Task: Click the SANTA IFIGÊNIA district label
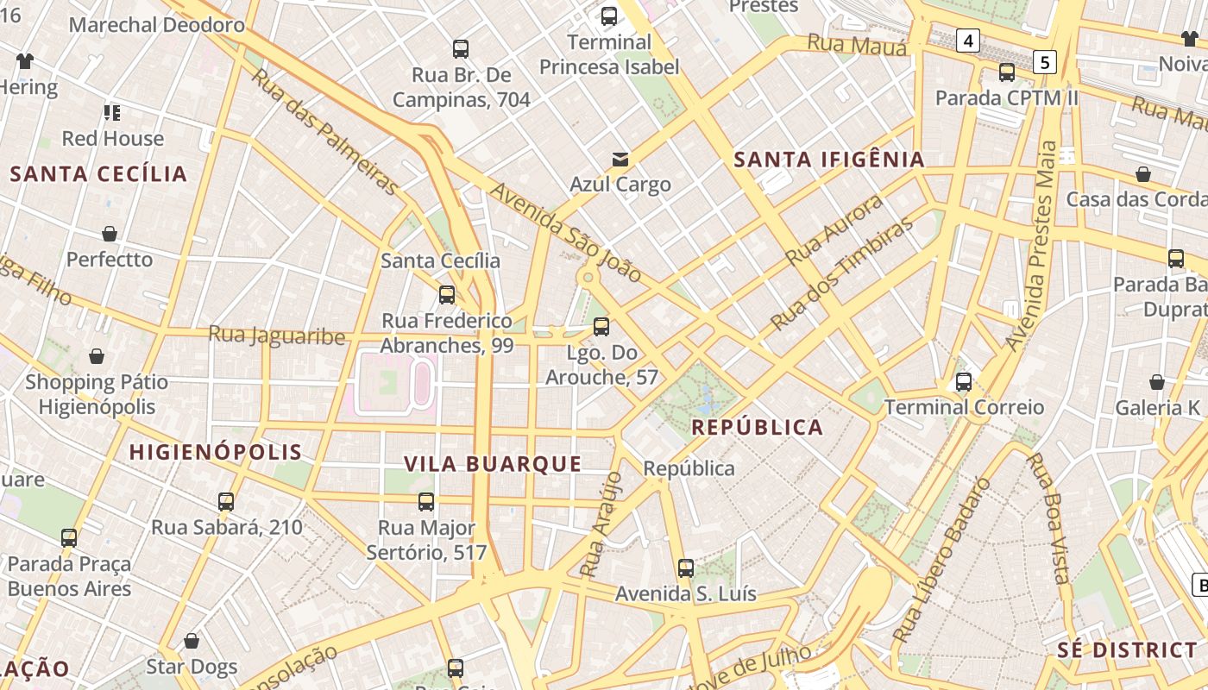click(828, 160)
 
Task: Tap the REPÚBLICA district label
click(757, 428)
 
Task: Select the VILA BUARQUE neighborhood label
click(493, 464)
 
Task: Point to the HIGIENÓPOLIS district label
click(216, 452)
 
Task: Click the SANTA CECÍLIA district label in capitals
click(98, 174)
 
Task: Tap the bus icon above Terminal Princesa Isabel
click(609, 16)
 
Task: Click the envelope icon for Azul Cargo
click(620, 159)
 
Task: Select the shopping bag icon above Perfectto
click(110, 234)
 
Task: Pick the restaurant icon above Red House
click(111, 112)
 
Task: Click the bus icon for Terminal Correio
click(964, 381)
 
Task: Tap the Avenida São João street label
click(565, 231)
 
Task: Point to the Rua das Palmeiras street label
click(325, 131)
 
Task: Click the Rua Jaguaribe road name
click(277, 335)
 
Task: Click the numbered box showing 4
click(968, 40)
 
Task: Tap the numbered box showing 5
click(1045, 61)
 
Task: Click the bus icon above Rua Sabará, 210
click(226, 501)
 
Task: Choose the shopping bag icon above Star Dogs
click(192, 641)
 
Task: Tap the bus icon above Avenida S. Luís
click(686, 568)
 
